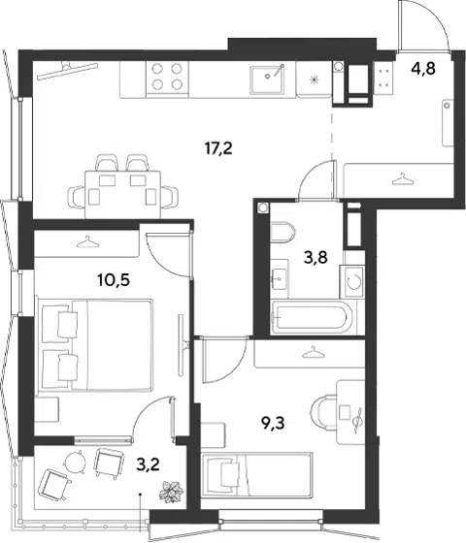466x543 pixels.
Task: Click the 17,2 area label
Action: pyautogui.click(x=218, y=149)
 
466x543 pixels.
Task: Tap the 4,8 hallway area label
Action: pyautogui.click(x=423, y=69)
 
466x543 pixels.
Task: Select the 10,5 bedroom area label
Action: pyautogui.click(x=114, y=280)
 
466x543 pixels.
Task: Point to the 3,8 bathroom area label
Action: pyautogui.click(x=316, y=258)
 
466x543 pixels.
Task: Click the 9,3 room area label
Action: pyautogui.click(x=273, y=423)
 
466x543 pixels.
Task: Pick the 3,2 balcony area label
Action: pyautogui.click(x=148, y=464)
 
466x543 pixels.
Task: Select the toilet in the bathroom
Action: pyautogui.click(x=282, y=232)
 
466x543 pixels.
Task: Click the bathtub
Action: pyautogui.click(x=312, y=318)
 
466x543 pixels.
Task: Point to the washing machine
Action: pyautogui.click(x=352, y=281)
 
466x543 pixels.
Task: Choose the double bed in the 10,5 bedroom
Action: pyautogui.click(x=95, y=345)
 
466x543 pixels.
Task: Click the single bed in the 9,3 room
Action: pyautogui.click(x=257, y=475)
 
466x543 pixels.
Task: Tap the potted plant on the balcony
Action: pyautogui.click(x=171, y=491)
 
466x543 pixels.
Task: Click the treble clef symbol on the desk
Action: pyautogui.click(x=358, y=419)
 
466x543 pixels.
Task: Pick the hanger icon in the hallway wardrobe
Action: pyautogui.click(x=403, y=179)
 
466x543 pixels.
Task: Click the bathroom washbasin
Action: pyautogui.click(x=280, y=279)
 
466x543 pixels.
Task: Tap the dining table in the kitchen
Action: pyautogui.click(x=122, y=194)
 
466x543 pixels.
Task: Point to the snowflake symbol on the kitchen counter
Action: pyautogui.click(x=314, y=80)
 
